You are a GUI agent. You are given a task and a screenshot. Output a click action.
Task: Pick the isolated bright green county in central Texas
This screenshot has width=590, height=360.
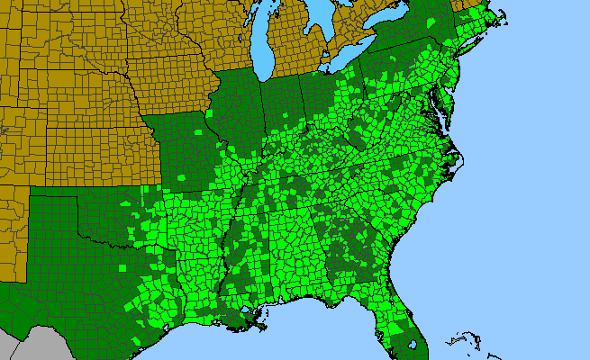point(123,267)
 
